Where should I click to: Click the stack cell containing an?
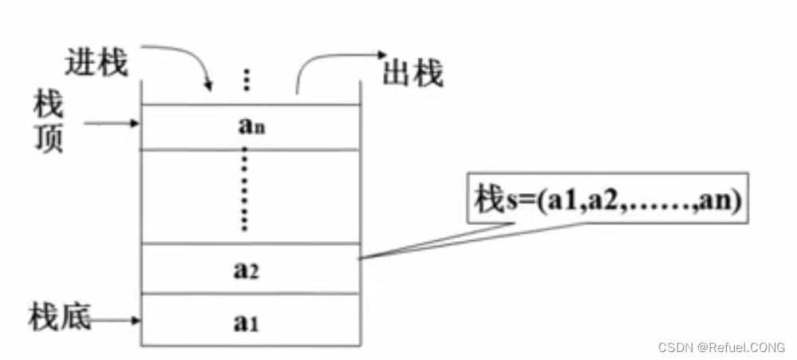pyautogui.click(x=248, y=125)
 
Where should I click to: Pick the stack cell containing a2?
pyautogui.click(x=248, y=270)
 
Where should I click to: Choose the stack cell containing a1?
pyautogui.click(x=248, y=321)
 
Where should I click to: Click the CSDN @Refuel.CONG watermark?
pyautogui.click(x=722, y=347)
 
